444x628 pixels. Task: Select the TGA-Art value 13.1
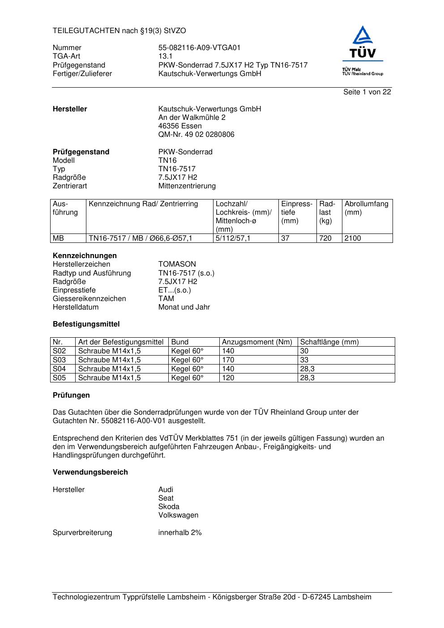(x=165, y=56)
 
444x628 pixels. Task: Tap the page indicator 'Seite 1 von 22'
(x=367, y=92)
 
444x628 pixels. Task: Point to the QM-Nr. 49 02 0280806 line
(x=196, y=135)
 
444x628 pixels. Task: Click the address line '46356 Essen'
(x=180, y=126)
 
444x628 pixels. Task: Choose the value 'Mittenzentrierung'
(x=187, y=186)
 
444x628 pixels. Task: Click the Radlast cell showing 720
(x=325, y=238)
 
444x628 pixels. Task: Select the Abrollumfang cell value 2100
(x=353, y=238)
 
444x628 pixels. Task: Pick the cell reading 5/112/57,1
(x=233, y=238)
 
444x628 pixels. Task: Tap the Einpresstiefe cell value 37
(x=285, y=238)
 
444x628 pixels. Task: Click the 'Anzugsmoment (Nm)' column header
(x=257, y=342)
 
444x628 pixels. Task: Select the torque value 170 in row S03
(x=228, y=360)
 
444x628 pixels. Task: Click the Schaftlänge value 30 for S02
(x=304, y=351)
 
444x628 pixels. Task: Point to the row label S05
(x=59, y=378)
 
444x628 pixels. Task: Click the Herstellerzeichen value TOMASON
(x=177, y=264)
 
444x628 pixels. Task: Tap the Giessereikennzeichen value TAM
(x=166, y=299)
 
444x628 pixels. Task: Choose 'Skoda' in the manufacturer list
(x=169, y=507)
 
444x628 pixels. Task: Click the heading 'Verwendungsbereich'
(x=90, y=472)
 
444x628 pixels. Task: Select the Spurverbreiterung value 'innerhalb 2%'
(x=180, y=533)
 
